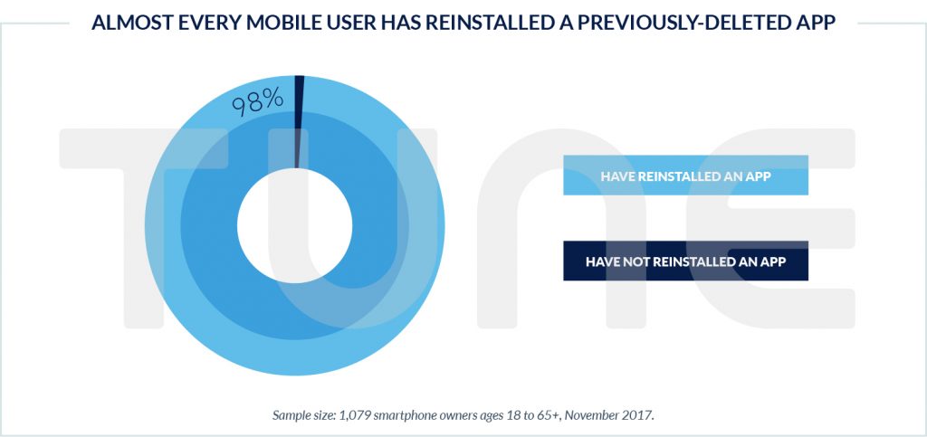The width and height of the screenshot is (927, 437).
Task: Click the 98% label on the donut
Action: (258, 101)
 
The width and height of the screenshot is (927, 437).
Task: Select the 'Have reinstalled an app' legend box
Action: (685, 176)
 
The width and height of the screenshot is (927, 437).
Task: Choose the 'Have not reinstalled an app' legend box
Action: (685, 261)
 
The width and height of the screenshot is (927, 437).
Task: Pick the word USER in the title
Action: (345, 24)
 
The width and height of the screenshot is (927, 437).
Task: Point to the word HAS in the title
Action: (392, 24)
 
